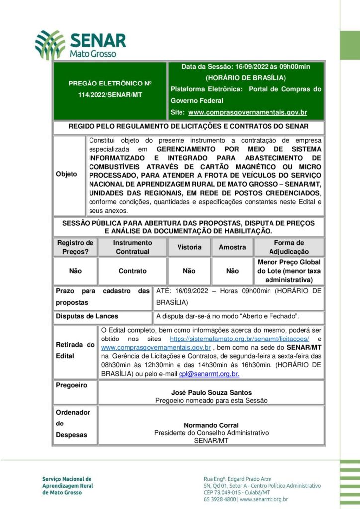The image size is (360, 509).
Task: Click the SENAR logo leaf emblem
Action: click(x=50, y=44)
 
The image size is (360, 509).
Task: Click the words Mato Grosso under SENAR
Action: click(x=92, y=53)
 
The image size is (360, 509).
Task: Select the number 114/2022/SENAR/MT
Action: click(x=110, y=94)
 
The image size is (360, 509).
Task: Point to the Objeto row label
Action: click(x=67, y=174)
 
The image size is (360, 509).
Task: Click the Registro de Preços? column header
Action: click(x=75, y=247)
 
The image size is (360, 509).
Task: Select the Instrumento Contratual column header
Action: click(x=132, y=247)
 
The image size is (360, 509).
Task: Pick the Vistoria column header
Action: click(x=189, y=247)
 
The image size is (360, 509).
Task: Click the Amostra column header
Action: click(x=232, y=247)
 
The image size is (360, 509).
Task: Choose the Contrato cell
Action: click(x=132, y=271)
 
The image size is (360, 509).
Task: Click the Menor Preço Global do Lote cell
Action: click(x=289, y=271)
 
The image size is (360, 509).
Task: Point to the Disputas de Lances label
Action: click(x=87, y=316)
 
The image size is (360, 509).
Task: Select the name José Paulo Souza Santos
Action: click(x=211, y=392)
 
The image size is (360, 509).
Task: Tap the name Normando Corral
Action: click(x=211, y=425)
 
